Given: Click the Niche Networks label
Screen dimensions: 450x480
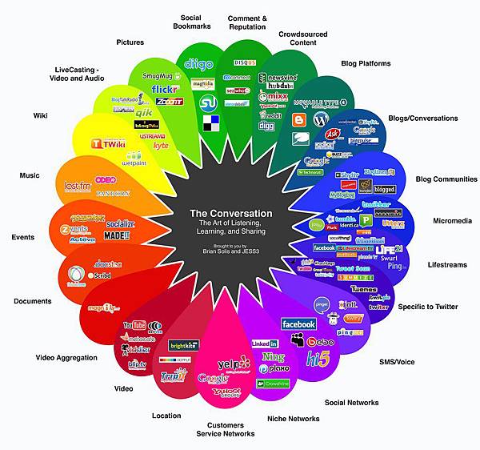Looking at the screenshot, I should (x=294, y=418).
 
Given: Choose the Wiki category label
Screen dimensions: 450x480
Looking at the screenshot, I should (x=40, y=115).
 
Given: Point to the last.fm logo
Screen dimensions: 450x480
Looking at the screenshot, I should (x=78, y=187).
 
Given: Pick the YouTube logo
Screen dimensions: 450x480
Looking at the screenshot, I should (x=134, y=326).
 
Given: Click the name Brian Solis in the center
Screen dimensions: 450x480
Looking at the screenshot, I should (x=219, y=251).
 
